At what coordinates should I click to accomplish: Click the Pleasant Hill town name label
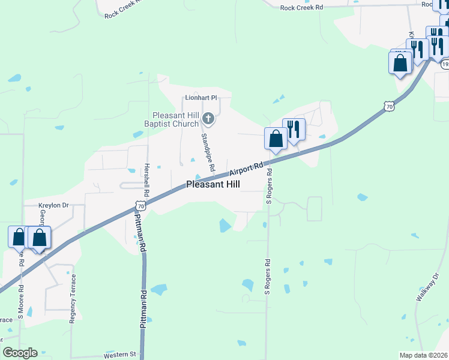click(213, 185)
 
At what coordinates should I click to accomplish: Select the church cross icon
click(208, 118)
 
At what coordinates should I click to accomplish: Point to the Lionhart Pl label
click(200, 98)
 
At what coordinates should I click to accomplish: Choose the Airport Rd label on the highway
click(247, 168)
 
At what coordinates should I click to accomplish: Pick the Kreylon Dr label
click(54, 205)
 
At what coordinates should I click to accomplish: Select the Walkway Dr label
click(427, 287)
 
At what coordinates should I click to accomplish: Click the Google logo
click(20, 353)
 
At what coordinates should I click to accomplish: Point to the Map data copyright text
click(424, 355)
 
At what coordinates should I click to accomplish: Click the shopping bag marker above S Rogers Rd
click(276, 139)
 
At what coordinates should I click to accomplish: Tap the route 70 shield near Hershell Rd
click(140, 206)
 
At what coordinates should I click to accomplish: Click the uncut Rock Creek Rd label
click(301, 7)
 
